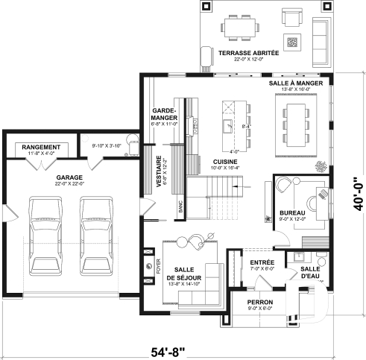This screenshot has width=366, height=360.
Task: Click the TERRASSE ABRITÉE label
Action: click(x=248, y=53)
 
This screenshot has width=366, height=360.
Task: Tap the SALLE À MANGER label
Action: click(x=297, y=84)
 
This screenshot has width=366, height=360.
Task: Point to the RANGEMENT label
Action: click(x=41, y=148)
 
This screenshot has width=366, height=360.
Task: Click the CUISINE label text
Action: click(x=225, y=161)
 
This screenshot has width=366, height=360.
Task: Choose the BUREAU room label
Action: click(x=291, y=212)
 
